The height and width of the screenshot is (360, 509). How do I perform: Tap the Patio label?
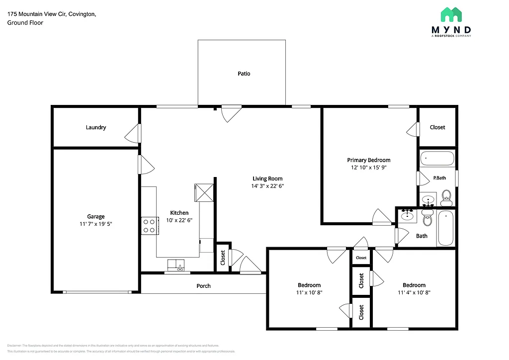click(244, 74)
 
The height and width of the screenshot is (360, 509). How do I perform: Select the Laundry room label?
click(96, 127)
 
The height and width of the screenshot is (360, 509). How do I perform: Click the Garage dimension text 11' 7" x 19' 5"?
click(96, 224)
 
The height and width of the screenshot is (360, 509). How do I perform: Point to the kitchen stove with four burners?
click(149, 225)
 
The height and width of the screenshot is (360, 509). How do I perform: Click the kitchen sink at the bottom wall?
click(176, 265)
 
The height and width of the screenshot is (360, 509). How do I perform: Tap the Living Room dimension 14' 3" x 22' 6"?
click(267, 186)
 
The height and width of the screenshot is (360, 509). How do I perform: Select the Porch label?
click(203, 286)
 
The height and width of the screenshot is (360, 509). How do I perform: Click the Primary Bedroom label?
click(368, 160)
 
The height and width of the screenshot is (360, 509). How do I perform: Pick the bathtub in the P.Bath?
click(437, 159)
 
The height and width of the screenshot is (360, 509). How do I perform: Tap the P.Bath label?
click(438, 178)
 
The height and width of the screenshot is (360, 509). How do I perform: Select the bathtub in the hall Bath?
click(446, 228)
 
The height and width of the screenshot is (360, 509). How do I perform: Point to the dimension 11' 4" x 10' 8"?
click(414, 293)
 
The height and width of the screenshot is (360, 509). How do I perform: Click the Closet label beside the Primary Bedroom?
click(437, 127)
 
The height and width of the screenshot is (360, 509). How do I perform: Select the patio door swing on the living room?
click(231, 113)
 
